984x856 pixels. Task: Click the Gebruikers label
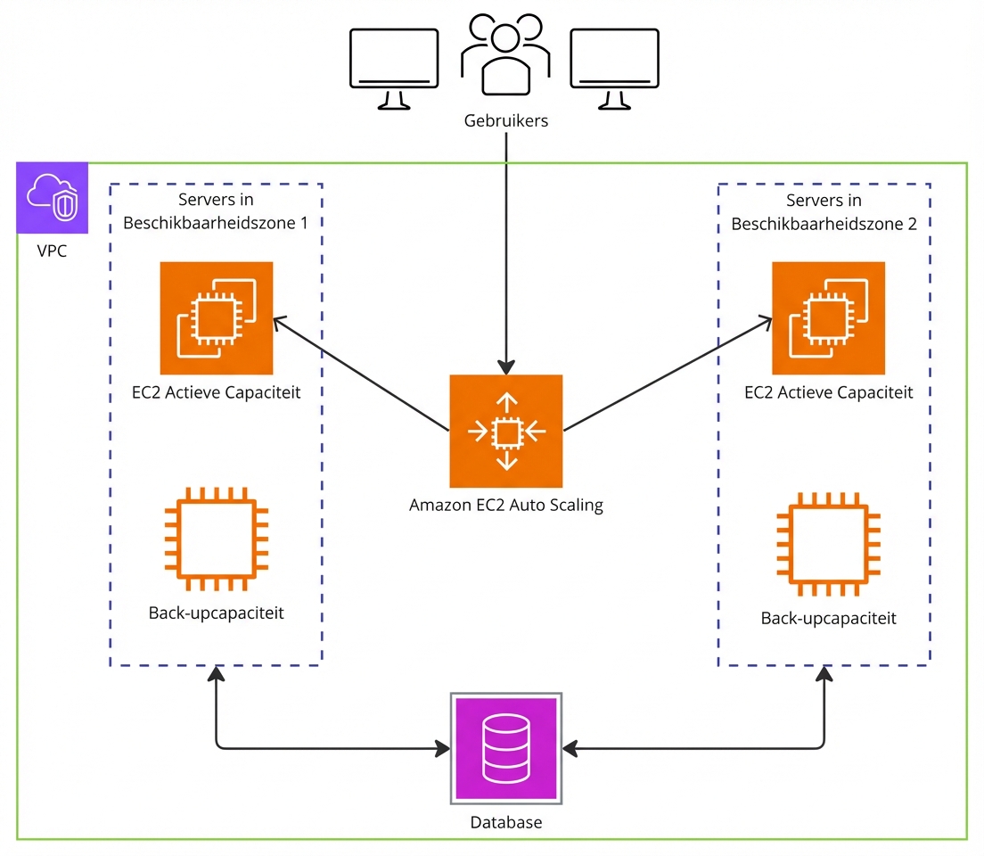coord(505,120)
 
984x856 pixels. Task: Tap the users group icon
coord(505,55)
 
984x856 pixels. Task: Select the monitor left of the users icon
coord(394,67)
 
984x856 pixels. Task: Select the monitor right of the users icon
coord(614,67)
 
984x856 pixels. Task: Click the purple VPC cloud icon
coord(53,197)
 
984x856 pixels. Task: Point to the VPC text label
coord(52,251)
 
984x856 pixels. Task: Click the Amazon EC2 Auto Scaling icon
coord(505,432)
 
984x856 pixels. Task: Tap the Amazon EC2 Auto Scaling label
coord(505,506)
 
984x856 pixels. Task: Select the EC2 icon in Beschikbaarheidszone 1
coord(216,317)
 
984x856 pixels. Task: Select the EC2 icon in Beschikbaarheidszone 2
coord(828,317)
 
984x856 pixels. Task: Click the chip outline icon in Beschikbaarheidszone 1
coord(217,539)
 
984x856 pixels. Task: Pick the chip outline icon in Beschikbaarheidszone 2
coord(828,543)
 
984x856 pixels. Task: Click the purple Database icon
coord(505,747)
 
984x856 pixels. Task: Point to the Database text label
coord(505,822)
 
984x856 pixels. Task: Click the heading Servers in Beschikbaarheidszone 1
coord(216,211)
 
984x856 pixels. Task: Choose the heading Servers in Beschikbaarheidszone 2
coord(824,212)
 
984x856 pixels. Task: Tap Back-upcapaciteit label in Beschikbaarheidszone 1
coord(217,613)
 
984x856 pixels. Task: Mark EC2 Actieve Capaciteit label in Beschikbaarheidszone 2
coord(829,392)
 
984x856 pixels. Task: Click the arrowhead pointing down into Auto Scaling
coord(505,366)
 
